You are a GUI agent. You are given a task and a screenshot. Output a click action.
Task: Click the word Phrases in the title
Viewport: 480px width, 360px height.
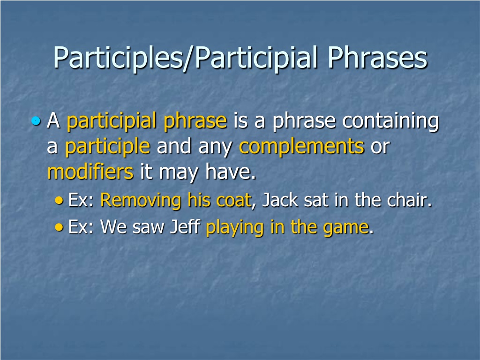pyautogui.click(x=377, y=58)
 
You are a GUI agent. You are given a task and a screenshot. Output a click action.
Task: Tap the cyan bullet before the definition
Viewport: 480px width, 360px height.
pyautogui.click(x=36, y=121)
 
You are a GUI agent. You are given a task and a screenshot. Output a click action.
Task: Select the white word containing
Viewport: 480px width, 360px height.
pyautogui.click(x=390, y=121)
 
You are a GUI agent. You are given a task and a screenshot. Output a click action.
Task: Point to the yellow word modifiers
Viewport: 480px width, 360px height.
pyautogui.click(x=90, y=172)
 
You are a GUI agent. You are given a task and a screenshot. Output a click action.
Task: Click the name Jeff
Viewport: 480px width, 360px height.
pyautogui.click(x=185, y=227)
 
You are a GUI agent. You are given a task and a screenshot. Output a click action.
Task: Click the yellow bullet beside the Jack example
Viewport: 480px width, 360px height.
pyautogui.click(x=59, y=201)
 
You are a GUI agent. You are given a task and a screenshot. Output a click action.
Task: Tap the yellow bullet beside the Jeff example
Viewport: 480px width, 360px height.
pyautogui.click(x=59, y=227)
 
